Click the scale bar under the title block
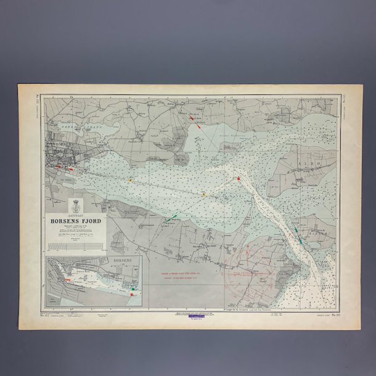click(76, 245)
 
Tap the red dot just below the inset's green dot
click(131, 295)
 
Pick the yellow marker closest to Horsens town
click(130, 181)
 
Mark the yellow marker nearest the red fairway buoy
click(204, 194)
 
